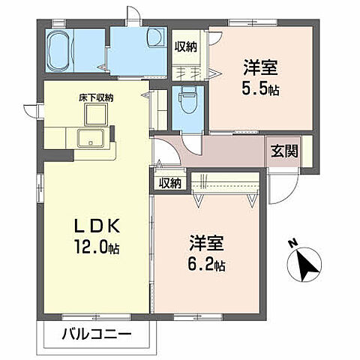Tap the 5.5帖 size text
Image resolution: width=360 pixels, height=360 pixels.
click(260, 88)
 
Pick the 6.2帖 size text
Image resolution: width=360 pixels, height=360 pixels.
click(207, 264)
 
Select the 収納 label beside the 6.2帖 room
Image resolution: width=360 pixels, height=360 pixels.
click(170, 182)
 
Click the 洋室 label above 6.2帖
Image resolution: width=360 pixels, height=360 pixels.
click(207, 244)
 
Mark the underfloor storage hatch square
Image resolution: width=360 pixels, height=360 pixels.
click(97, 115)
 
